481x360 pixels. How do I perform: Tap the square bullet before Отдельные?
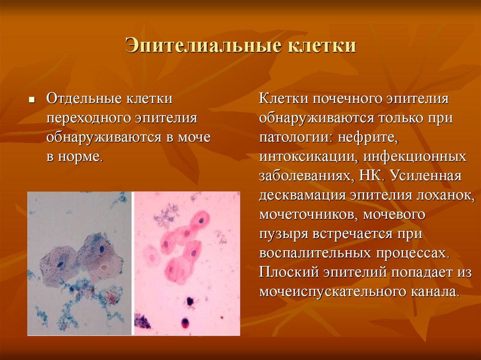pyautogui.click(x=31, y=100)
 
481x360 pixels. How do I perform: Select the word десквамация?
pyautogui.click(x=303, y=196)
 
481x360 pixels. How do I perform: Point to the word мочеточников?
pyautogui.click(x=308, y=215)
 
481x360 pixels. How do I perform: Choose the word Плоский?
pyautogui.click(x=287, y=272)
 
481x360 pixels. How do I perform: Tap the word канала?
pyautogui.click(x=435, y=292)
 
